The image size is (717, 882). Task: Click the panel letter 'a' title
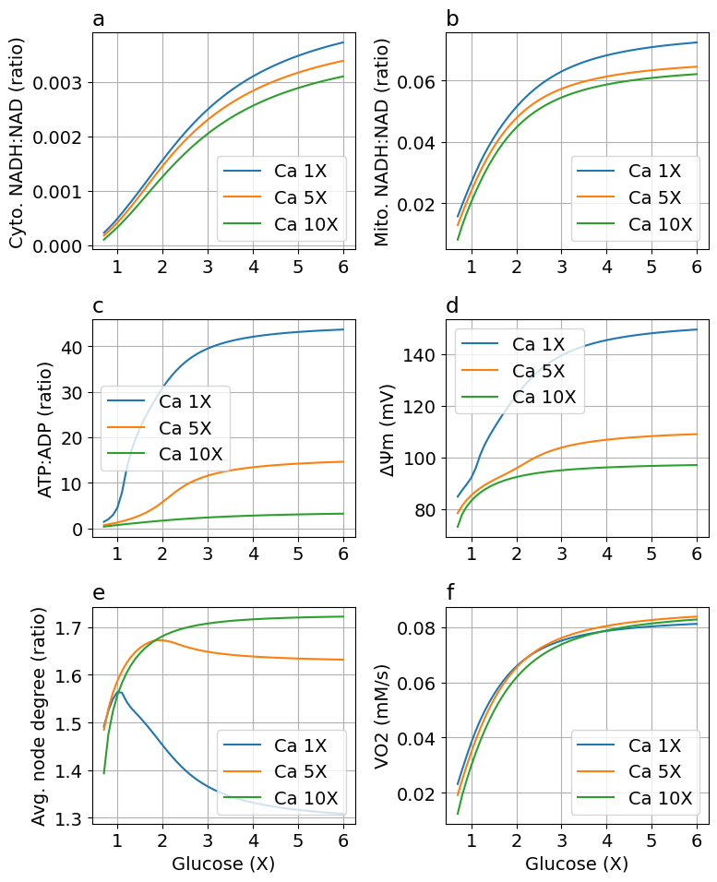tap(99, 19)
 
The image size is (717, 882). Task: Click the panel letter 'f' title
tap(452, 593)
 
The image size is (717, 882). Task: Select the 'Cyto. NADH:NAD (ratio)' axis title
tap(18, 141)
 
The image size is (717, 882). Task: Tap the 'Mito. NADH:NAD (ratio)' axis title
tap(381, 141)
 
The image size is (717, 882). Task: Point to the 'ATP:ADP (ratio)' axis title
tap(46, 429)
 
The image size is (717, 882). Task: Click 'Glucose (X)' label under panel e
tap(223, 864)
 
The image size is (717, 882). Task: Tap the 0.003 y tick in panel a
tap(57, 83)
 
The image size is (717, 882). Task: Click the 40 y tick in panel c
tap(72, 347)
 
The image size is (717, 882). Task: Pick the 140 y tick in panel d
tap(425, 354)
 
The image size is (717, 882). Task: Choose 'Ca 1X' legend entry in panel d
tap(538, 344)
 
